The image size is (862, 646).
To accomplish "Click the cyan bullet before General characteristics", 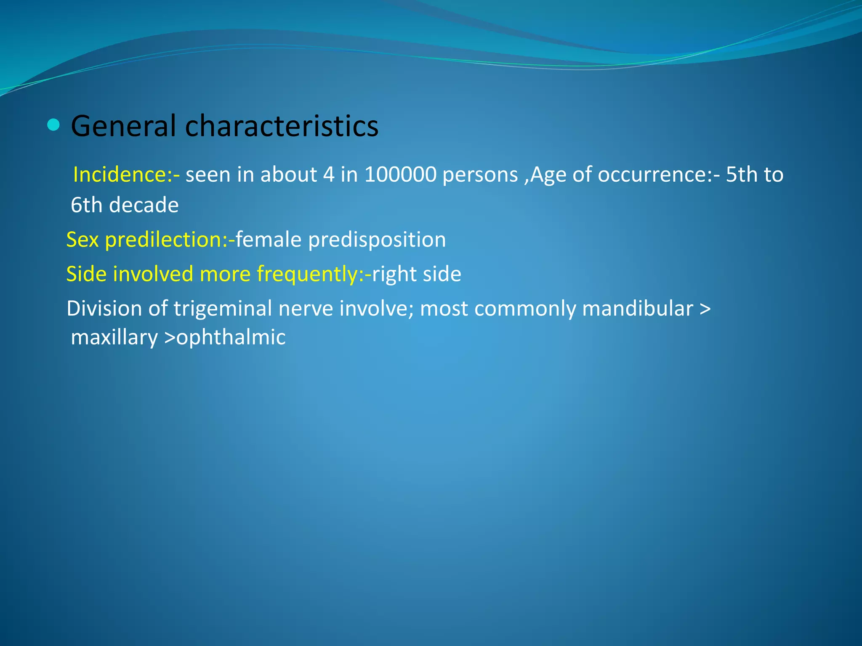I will click(x=53, y=125).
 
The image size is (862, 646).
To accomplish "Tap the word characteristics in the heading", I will click(x=282, y=126).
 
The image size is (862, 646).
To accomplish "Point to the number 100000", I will click(x=400, y=175).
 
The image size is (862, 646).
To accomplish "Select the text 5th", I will click(x=742, y=175).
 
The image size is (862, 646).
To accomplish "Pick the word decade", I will click(x=144, y=205).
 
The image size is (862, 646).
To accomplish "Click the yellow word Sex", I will click(x=82, y=240).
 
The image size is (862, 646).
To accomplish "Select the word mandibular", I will click(x=638, y=309).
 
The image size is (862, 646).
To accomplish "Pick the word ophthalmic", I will click(x=231, y=338).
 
